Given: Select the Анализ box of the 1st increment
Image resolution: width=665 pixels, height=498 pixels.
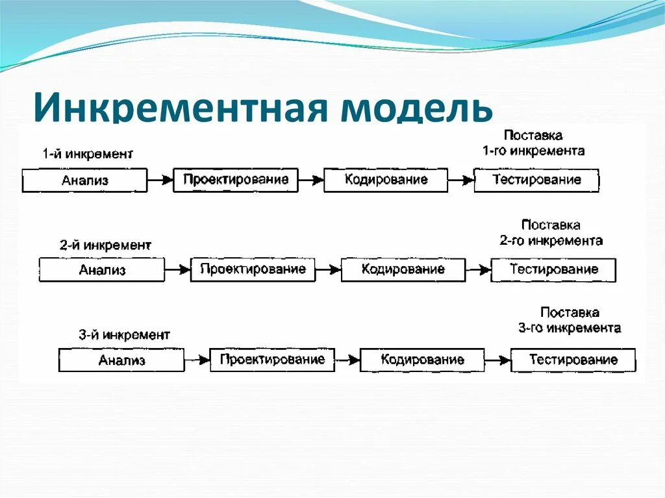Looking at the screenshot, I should coord(84,181).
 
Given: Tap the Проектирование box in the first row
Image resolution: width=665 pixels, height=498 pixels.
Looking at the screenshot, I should coord(235,180).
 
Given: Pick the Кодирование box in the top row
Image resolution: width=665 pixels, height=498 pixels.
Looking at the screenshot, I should coord(386,180).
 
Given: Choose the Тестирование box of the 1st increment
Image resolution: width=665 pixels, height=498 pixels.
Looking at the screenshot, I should coord(536,180).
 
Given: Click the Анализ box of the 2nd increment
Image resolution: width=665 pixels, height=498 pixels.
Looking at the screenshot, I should coord(102,270).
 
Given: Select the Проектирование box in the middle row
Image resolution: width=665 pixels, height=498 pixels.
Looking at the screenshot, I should coord(253,269).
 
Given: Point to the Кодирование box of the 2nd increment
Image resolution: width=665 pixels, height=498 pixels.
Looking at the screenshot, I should coord(403,269).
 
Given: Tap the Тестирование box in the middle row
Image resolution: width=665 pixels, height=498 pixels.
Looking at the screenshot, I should coord(553,269).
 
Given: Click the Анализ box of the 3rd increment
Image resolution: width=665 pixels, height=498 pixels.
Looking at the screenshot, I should coord(121,360).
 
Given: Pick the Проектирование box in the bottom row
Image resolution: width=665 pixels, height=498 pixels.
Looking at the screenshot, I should coord(272,359).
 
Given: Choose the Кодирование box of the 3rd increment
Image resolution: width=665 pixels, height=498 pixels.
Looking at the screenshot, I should coord(422,359).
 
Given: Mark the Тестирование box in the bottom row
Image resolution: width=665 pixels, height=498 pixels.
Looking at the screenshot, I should coord(573,360).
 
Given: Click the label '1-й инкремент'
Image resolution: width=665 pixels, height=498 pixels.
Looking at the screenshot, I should coord(88,155).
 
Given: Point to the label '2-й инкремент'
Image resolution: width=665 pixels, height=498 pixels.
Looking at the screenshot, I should coord(105,245).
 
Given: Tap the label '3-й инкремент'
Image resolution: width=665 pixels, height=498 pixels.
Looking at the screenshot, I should coord(125,335).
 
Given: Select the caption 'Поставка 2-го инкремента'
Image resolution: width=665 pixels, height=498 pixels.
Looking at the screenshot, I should coord(551,232).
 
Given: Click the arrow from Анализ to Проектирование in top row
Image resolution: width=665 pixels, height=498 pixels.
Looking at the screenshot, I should coord(160,179).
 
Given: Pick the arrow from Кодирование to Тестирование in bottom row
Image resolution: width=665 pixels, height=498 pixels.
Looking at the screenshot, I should coord(497,359).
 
